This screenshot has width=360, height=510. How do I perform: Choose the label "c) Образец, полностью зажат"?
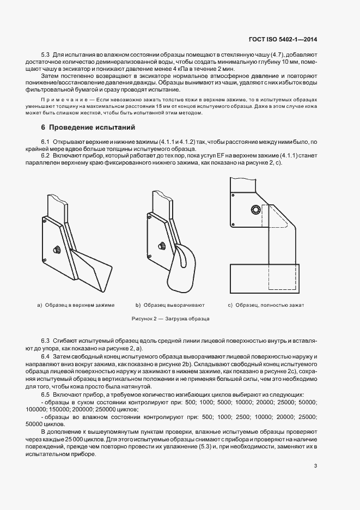tap(266, 305)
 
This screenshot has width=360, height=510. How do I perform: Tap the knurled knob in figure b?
tap(162, 246)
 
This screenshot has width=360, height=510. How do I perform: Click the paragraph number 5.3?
tap(45, 55)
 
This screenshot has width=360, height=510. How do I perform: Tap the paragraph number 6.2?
tap(45, 156)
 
